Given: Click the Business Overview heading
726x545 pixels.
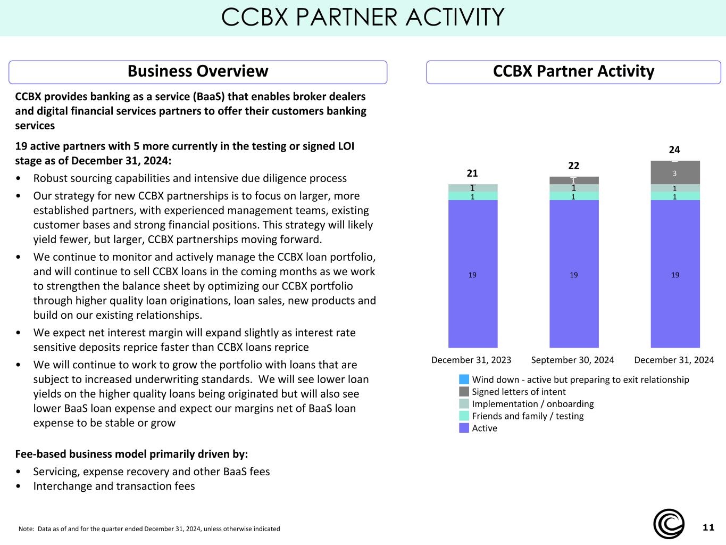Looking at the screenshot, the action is coord(198,71).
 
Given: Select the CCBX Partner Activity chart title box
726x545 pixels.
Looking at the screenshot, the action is coord(573,72).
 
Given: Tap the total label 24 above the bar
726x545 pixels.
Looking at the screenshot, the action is coord(674,150).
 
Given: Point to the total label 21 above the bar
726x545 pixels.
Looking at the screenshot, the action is coord(472,173).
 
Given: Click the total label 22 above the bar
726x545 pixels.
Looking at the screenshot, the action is coord(574,166).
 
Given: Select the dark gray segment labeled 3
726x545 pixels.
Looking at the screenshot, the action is coord(675,172).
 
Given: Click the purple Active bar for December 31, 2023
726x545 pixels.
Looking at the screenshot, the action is coord(473,274).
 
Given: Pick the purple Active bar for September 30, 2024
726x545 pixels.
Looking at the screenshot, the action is coord(574,274).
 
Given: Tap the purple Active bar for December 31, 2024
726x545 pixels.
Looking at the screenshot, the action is coord(675,274).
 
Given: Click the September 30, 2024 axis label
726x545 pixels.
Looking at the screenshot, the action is coord(572,360).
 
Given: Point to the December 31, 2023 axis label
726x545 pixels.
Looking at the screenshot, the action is coord(471,360).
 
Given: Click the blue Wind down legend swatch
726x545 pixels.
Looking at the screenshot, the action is coord(464,379).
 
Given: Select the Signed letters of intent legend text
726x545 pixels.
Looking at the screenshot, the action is coord(519,392).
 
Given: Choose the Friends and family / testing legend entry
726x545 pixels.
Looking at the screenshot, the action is coord(522,416).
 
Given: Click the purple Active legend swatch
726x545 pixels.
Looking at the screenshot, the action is coord(464,428).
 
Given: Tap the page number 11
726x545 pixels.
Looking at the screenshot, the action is coord(708,527).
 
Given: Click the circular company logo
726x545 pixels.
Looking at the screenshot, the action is coord(669,524).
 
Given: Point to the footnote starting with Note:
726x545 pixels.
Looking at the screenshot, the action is coord(149,529).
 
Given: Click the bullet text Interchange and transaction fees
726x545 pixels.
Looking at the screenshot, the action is coord(114,486).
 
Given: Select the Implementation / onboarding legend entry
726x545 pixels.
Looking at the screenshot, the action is coord(527,404).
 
